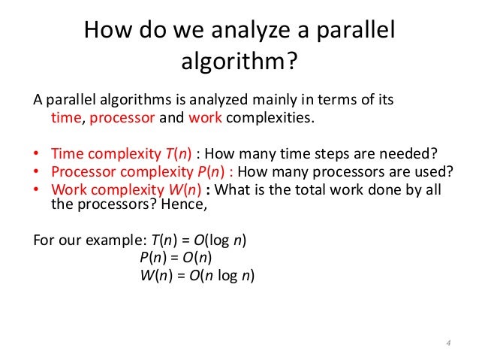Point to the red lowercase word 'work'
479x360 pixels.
[206, 118]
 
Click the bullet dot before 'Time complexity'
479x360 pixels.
[36, 156]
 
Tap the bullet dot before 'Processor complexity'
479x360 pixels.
[36, 172]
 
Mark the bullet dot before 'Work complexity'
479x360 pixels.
[36, 189]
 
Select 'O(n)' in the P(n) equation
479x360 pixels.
[197, 259]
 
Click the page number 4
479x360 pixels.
[447, 343]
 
